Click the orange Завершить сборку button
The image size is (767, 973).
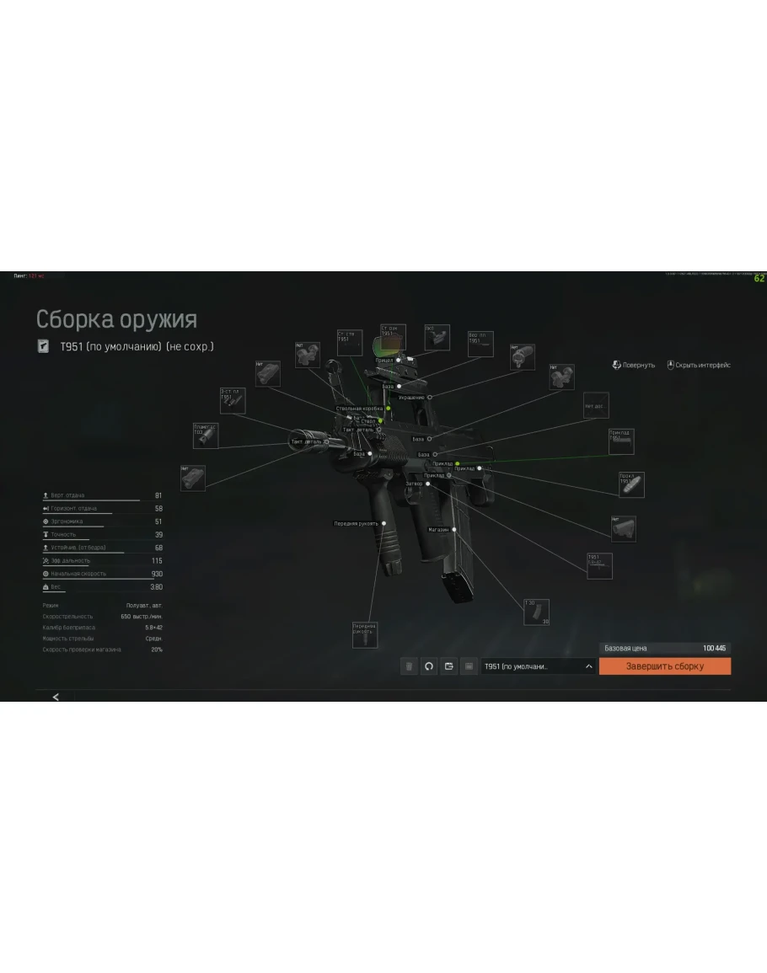coord(664,666)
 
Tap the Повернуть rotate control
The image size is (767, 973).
coord(634,366)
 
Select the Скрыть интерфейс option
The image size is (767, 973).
coord(699,366)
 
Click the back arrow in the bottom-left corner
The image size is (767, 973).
coord(56,697)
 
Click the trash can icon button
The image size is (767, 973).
coord(409,666)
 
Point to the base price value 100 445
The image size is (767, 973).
coord(714,648)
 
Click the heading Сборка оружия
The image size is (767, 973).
coord(116,320)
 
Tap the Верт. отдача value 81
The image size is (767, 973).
coord(158,495)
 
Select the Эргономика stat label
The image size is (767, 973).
coord(67,521)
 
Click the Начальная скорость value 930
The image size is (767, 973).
coord(157,574)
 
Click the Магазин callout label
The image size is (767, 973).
coord(438,530)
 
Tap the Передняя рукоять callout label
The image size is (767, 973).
coord(356,523)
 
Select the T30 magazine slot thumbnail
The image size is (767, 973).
coord(536,612)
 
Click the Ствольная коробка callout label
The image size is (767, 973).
coord(359,409)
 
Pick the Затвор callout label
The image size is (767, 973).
coord(413,484)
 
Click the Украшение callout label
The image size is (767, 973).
coord(411,397)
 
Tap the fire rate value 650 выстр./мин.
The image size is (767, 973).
coord(142,617)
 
